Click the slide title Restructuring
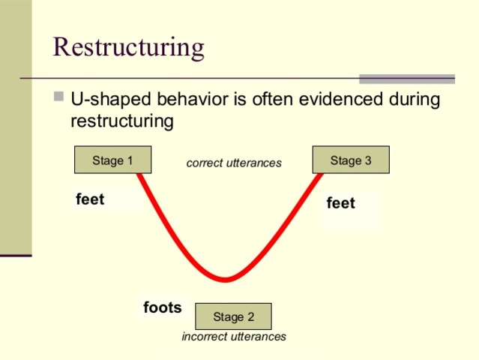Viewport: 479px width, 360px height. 128,47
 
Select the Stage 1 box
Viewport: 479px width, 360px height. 112,160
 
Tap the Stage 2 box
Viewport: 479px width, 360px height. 233,316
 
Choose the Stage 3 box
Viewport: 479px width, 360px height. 350,160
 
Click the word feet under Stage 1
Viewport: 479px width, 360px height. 90,199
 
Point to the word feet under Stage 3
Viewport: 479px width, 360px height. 340,203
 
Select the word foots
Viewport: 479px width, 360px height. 162,307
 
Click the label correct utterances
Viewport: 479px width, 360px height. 234,163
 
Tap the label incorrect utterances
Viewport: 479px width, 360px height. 234,337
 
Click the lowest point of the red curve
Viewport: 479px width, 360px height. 226,280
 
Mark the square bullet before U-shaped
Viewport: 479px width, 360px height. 59,97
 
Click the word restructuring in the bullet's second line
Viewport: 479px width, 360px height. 122,120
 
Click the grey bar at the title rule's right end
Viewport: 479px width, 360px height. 406,79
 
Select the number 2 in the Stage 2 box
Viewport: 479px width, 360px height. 250,317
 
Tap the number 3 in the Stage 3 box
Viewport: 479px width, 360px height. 367,160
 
